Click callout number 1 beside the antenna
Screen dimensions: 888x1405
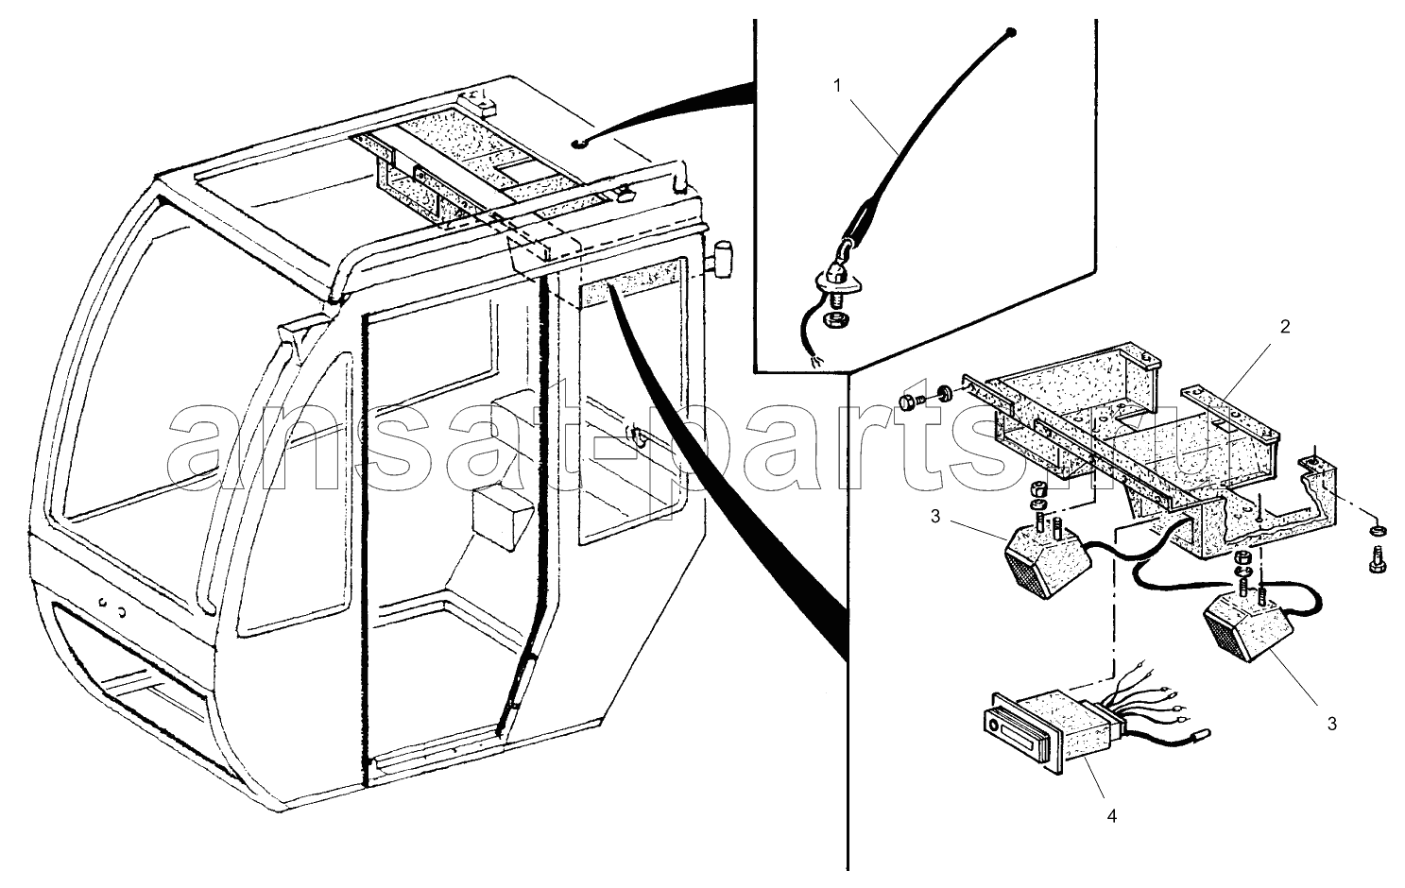point(837,85)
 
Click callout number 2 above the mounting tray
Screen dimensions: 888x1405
point(1285,327)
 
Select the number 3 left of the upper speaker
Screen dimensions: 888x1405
point(934,517)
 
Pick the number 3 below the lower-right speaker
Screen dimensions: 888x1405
point(1331,726)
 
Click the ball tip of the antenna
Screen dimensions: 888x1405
point(1012,34)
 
